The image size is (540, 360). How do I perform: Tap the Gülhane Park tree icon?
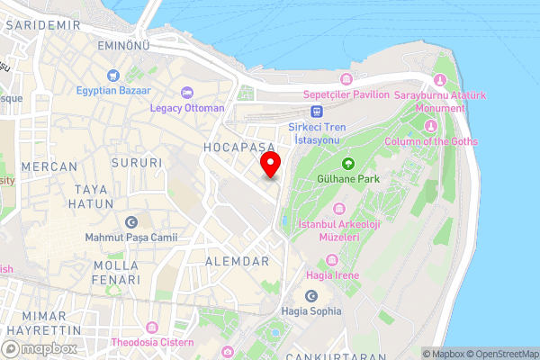pyautogui.click(x=347, y=164)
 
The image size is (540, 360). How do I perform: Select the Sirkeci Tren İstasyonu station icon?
pyautogui.click(x=317, y=111)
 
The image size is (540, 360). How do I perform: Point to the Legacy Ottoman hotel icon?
pyautogui.click(x=187, y=92)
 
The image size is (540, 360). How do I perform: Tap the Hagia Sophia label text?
pyautogui.click(x=310, y=310)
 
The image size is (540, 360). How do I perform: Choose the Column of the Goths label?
pyautogui.click(x=430, y=141)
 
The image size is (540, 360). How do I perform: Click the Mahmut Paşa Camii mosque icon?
pyautogui.click(x=131, y=221)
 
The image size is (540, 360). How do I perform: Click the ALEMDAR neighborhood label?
pyautogui.click(x=238, y=261)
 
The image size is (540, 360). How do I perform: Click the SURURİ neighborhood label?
pyautogui.click(x=137, y=163)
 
